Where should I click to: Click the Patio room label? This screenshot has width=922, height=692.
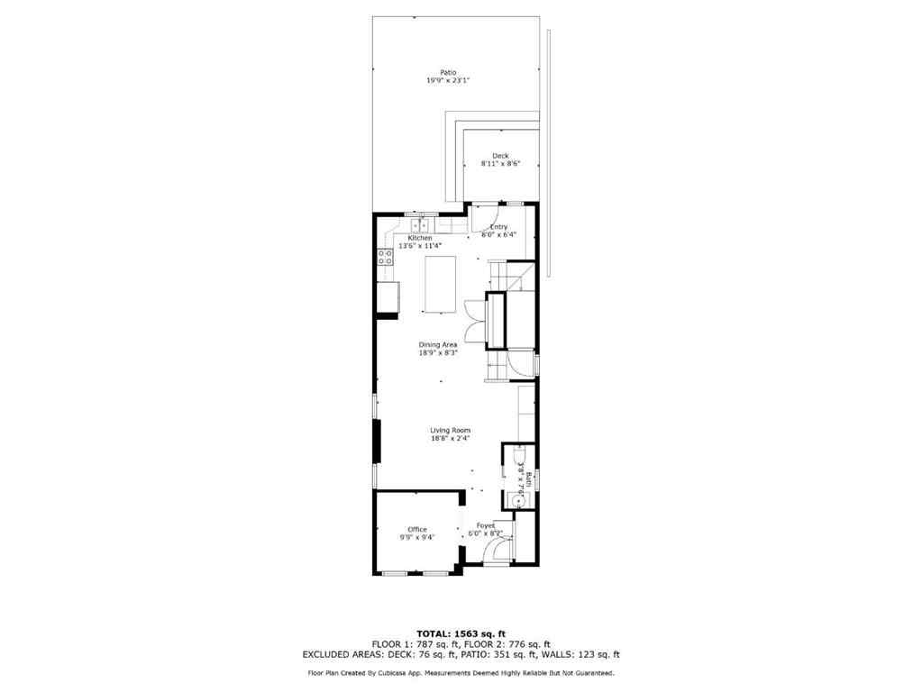[x=448, y=72]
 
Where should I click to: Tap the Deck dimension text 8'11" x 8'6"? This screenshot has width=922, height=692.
[x=500, y=164]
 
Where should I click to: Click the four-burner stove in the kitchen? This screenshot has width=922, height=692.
[x=385, y=258]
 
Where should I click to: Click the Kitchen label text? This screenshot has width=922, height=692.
[x=420, y=238]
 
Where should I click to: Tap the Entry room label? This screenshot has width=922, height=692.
[x=498, y=227]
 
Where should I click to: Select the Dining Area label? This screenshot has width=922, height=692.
[x=438, y=344]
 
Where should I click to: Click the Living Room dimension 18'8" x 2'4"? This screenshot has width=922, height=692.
[x=450, y=439]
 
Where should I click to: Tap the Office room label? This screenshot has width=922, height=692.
[x=416, y=529]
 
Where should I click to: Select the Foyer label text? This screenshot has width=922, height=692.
[x=486, y=525]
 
